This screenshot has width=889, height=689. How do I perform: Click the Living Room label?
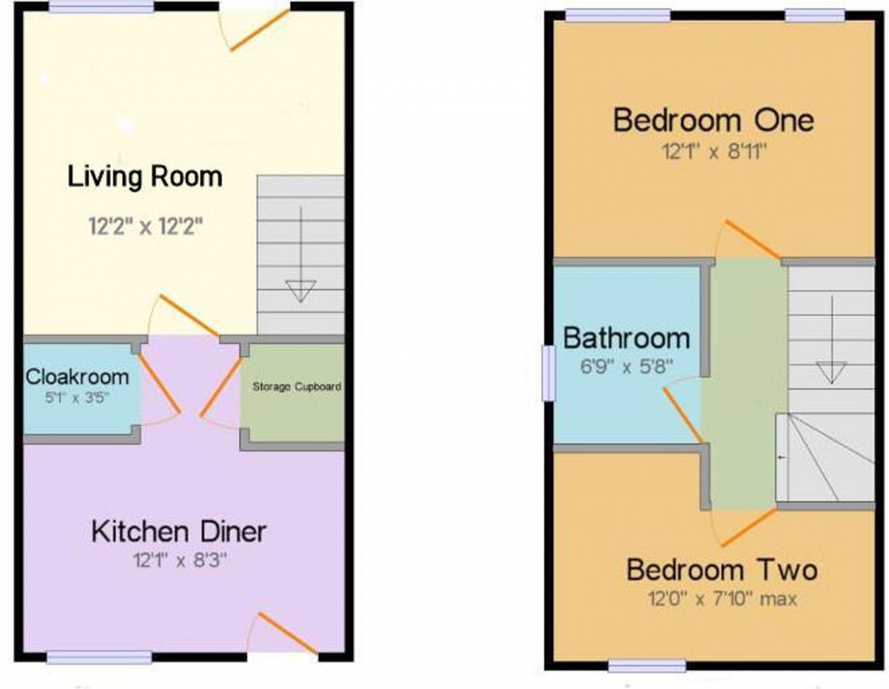(x=145, y=176)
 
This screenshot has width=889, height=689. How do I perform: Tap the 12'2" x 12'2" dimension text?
(x=145, y=226)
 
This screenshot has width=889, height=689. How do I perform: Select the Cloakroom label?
(x=77, y=376)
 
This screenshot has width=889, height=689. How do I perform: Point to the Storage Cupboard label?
(x=296, y=387)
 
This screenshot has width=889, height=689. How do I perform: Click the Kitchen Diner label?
(x=178, y=531)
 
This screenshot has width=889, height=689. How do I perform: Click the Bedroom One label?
(x=713, y=121)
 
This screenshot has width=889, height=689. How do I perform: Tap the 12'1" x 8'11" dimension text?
(x=715, y=152)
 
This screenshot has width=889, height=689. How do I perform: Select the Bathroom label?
(x=626, y=337)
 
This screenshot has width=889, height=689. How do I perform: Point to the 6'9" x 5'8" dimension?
(x=626, y=366)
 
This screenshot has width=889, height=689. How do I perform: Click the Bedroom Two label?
(x=722, y=570)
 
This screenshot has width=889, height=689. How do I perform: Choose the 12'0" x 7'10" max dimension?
(x=722, y=599)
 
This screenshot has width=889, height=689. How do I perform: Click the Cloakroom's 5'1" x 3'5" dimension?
(x=77, y=397)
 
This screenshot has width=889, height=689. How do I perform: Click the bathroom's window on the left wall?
(x=550, y=372)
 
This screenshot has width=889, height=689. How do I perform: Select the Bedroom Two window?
(x=647, y=665)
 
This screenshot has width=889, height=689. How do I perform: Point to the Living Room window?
(x=102, y=7)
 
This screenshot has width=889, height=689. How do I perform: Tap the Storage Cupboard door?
(x=222, y=386)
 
